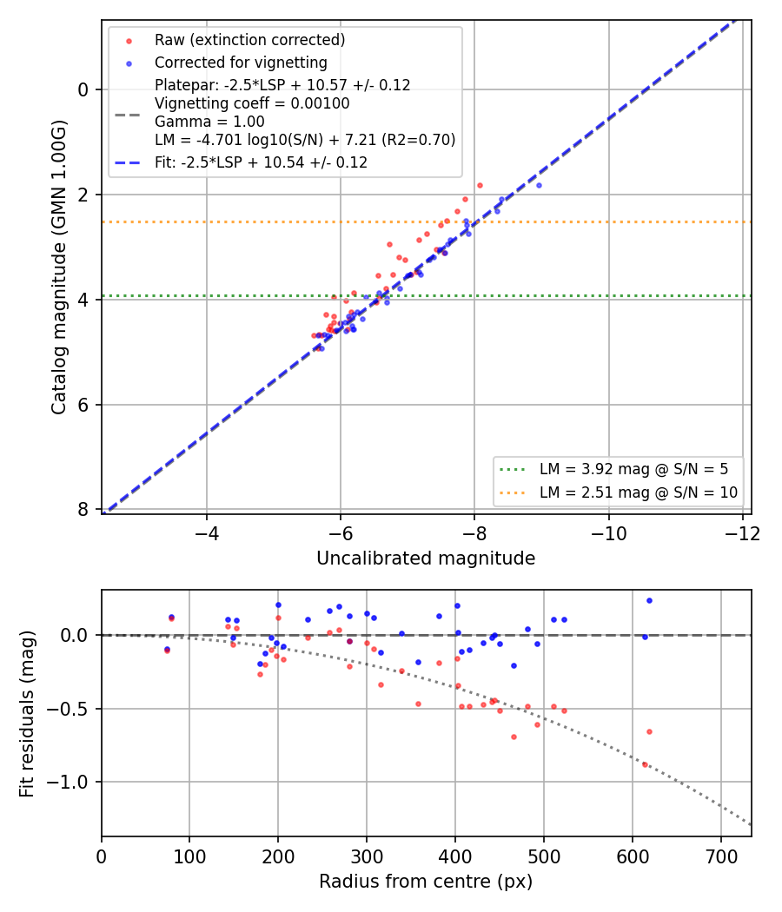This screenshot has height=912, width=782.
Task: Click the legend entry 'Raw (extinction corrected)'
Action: pos(249,40)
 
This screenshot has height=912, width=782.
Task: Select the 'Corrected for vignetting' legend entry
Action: pos(241,63)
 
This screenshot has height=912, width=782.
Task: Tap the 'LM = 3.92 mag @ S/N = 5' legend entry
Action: pos(633,469)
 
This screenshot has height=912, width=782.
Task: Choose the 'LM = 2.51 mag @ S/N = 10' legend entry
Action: pos(639,492)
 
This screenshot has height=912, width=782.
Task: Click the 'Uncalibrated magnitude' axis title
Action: pos(426,558)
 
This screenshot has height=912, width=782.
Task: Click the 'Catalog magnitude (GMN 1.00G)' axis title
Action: pos(59,268)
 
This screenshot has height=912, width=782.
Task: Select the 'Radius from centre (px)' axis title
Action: pos(426,882)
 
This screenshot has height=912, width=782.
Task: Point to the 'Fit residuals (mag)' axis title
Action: pos(27,714)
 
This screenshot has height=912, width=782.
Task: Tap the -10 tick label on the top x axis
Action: pos(608,534)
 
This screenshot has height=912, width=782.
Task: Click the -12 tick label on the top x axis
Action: pos(742,534)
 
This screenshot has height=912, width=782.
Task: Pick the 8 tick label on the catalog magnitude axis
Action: pos(83,510)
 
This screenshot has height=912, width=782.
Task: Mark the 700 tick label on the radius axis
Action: pos(721,857)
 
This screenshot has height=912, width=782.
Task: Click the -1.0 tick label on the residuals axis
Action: pos(66,783)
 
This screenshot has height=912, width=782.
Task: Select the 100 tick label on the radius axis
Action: pos(189,857)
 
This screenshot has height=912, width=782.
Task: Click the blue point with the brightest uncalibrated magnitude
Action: pos(539,186)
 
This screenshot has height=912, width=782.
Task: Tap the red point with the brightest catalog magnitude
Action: pos(480,186)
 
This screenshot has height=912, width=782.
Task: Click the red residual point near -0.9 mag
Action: pos(645,765)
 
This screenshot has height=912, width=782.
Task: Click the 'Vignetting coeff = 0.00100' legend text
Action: pos(252,103)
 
